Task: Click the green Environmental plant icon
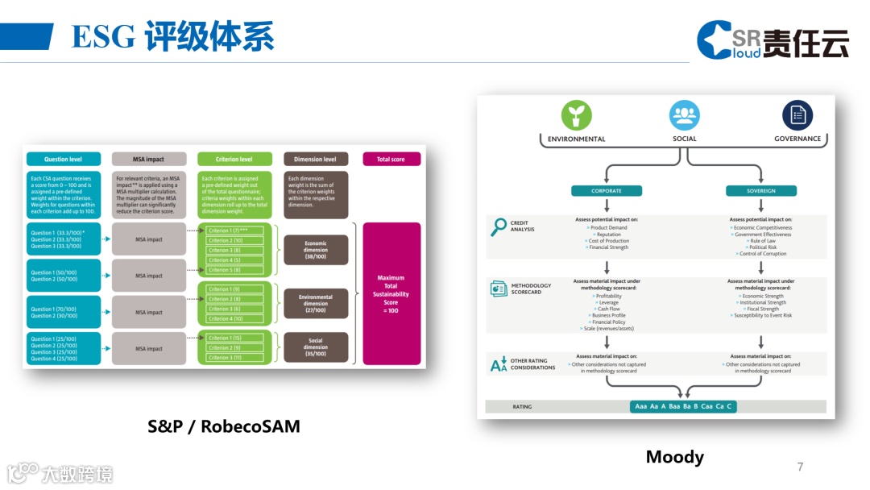point(576,115)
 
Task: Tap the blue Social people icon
point(685,115)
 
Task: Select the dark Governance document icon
point(797,115)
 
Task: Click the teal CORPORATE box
point(607,191)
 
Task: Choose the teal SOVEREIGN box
point(760,191)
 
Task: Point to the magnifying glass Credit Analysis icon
point(499,227)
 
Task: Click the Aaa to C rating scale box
point(683,406)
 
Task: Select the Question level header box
point(64,160)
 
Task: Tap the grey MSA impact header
point(149,160)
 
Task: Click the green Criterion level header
point(234,160)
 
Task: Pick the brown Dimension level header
point(316,160)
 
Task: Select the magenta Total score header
point(391,160)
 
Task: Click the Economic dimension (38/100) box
point(316,250)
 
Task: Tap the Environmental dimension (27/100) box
point(316,304)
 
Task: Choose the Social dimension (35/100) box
point(316,347)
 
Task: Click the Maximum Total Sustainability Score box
point(391,293)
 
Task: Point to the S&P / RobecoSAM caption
point(224,426)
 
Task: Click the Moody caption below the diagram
point(675,457)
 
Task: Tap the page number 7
point(800,467)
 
